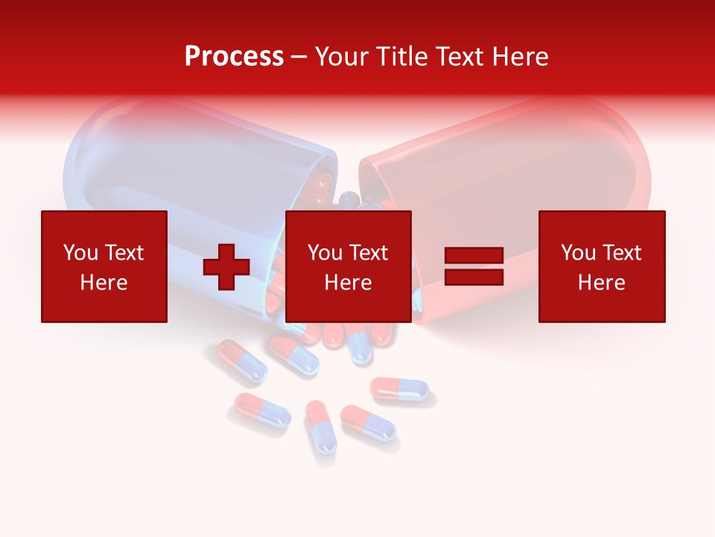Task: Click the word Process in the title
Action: pyautogui.click(x=234, y=56)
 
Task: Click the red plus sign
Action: pyautogui.click(x=226, y=267)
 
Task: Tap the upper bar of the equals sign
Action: pyautogui.click(x=474, y=256)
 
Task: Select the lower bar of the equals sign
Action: pyautogui.click(x=474, y=277)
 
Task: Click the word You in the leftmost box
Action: pyautogui.click(x=80, y=253)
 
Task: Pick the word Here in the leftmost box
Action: pyautogui.click(x=104, y=283)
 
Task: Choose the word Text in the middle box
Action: pyautogui.click(x=368, y=253)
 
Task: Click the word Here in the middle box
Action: pyautogui.click(x=348, y=283)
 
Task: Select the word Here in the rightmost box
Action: pyautogui.click(x=601, y=283)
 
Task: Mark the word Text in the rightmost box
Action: pyautogui.click(x=621, y=253)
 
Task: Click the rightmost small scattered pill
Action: pyautogui.click(x=400, y=389)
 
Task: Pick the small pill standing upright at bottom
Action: pyautogui.click(x=320, y=427)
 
